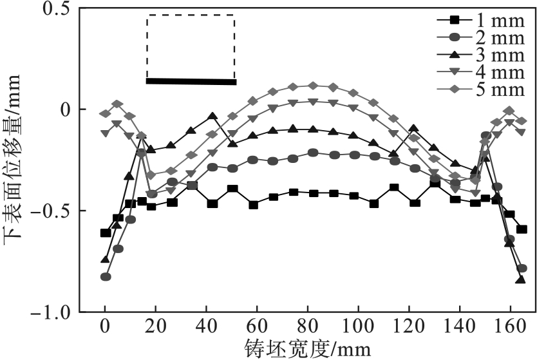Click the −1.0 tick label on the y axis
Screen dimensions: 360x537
point(52,312)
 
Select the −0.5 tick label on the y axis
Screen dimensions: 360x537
point(52,211)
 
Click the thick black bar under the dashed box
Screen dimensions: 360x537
point(191,81)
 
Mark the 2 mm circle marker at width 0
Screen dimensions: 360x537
point(106,277)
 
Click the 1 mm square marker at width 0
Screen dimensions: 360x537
point(106,232)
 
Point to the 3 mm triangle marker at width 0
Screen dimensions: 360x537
point(106,260)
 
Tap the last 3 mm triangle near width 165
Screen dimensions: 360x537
point(520,280)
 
